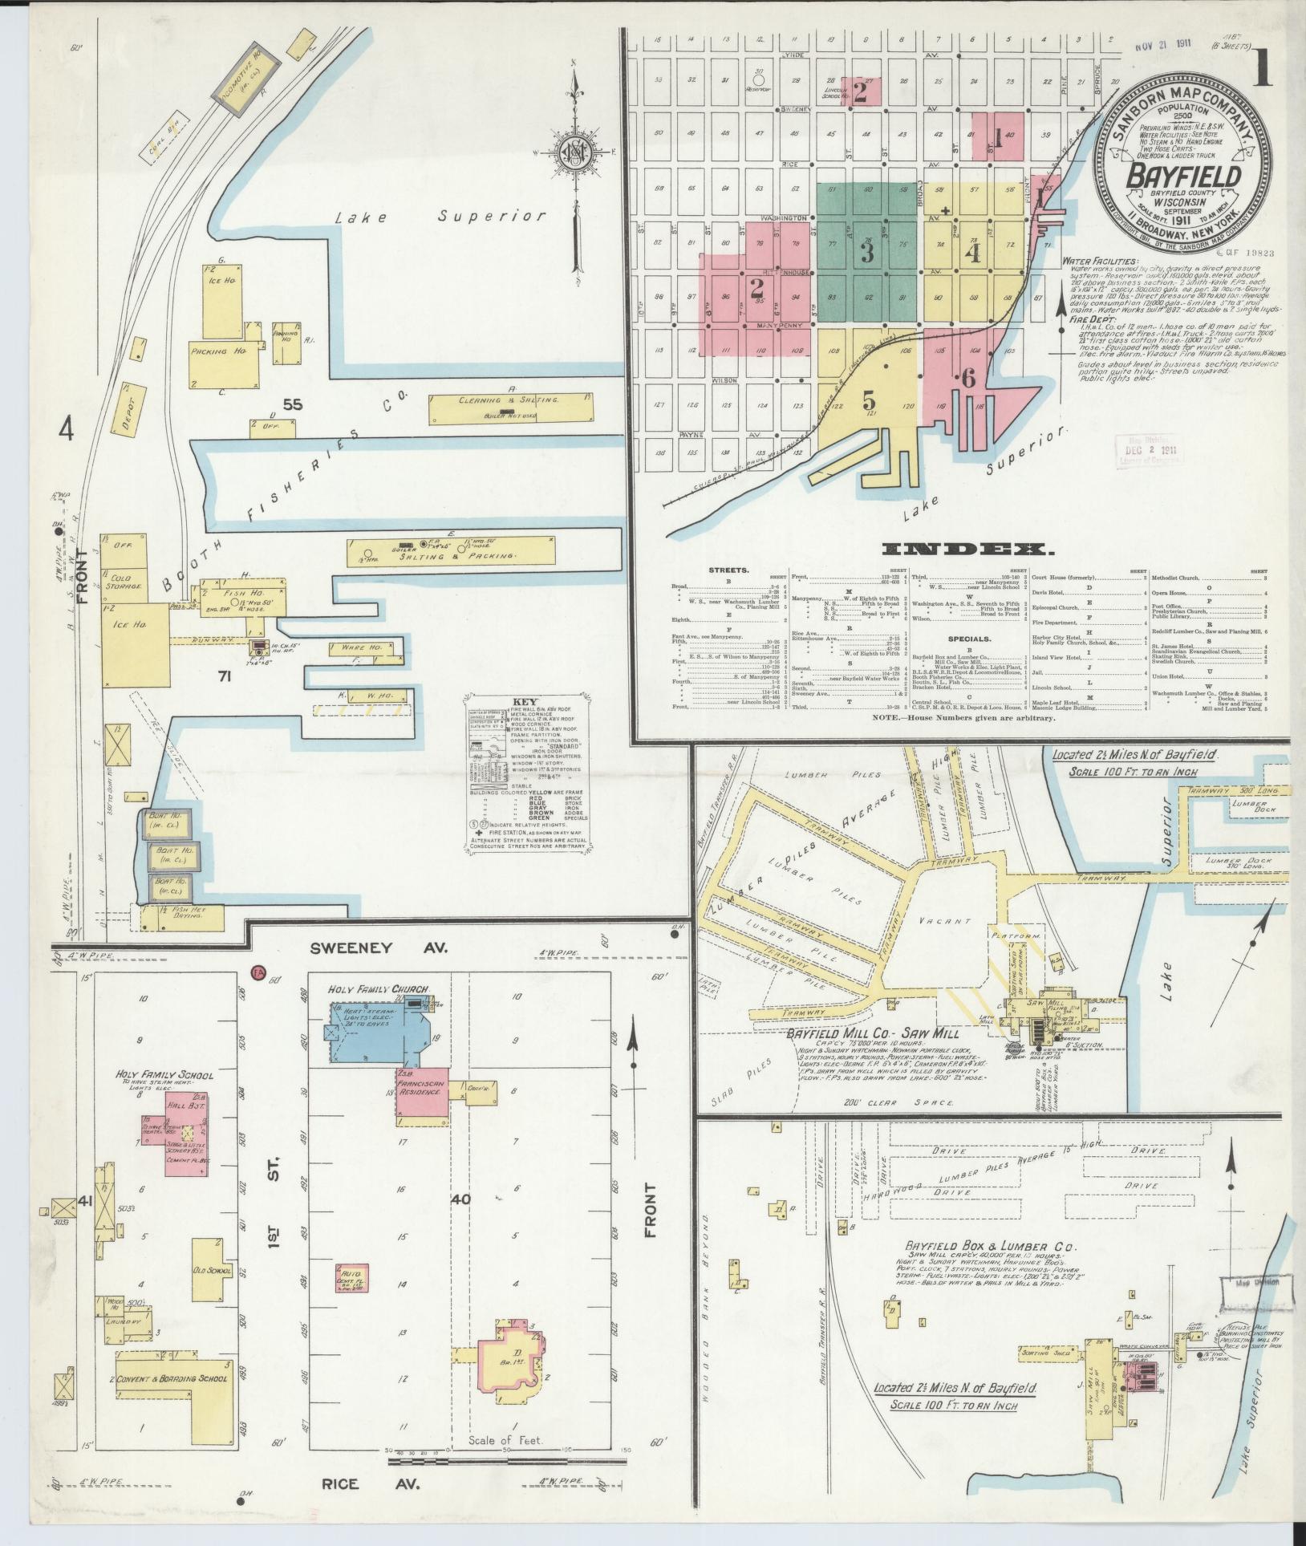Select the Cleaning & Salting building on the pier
tap(511, 408)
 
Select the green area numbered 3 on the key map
tap(866, 254)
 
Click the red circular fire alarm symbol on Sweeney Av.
tap(258, 971)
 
